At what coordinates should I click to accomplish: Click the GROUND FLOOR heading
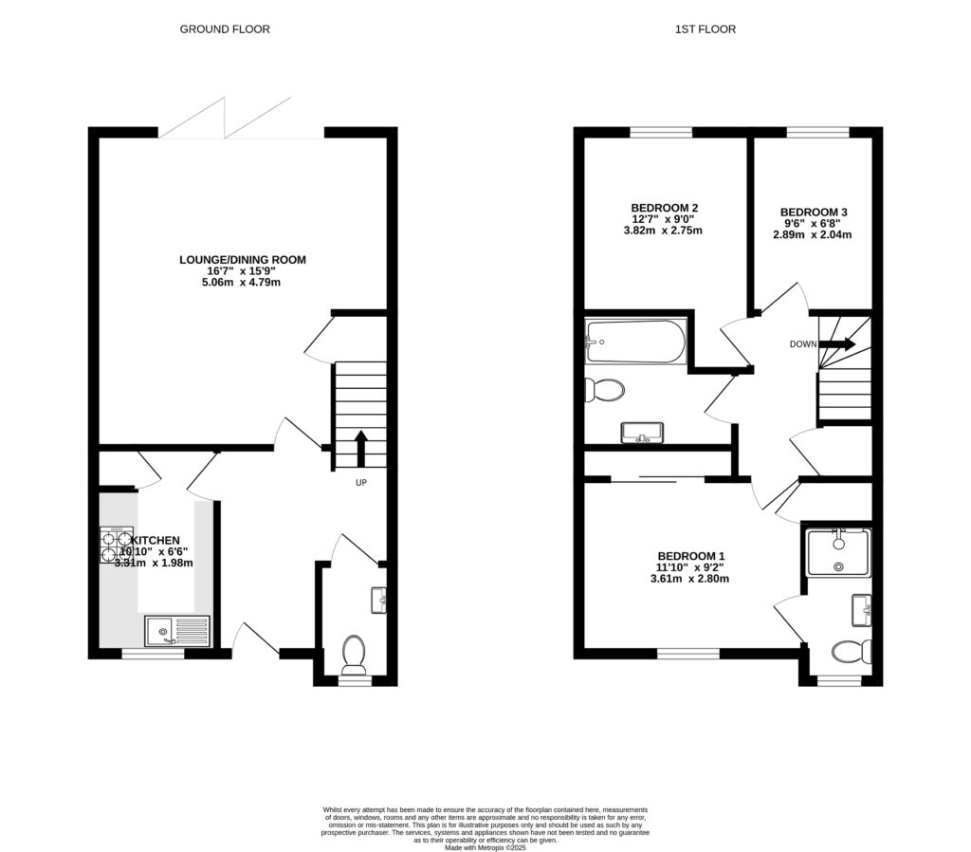tap(225, 29)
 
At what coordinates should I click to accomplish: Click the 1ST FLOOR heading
tap(705, 29)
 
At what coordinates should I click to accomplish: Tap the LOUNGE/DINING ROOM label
tap(243, 259)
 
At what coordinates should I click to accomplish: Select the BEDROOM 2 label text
tap(665, 208)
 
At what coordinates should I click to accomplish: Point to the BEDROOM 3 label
tap(814, 213)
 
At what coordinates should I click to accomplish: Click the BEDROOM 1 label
tap(691, 556)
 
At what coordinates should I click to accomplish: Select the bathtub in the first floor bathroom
tap(635, 343)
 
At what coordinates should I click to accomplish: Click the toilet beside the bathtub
tap(603, 390)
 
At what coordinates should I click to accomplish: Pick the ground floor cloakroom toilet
tap(355, 654)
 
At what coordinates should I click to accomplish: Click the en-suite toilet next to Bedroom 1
tap(851, 652)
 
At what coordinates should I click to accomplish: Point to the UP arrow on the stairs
tap(360, 448)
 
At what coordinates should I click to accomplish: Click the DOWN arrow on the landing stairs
tap(842, 344)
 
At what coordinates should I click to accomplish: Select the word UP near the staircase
tap(360, 483)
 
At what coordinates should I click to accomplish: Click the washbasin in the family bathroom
tap(642, 433)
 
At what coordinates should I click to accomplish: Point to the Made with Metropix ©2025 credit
tap(485, 848)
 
